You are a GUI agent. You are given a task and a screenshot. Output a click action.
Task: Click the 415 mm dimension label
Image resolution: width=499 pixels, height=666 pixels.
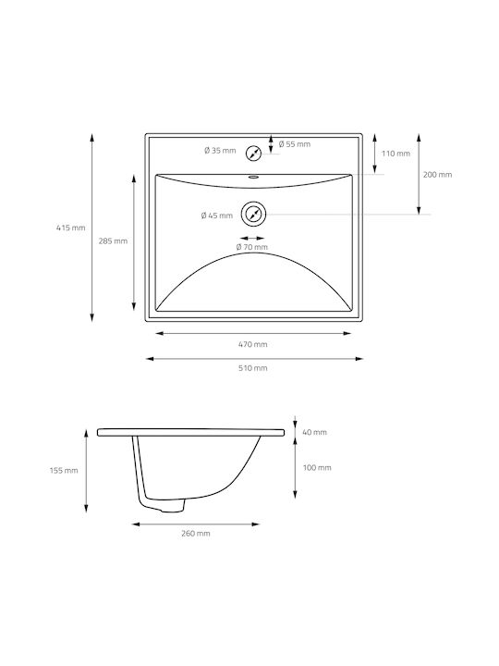[x=71, y=228]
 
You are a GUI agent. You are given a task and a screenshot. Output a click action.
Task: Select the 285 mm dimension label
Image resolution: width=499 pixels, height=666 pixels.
[x=113, y=240]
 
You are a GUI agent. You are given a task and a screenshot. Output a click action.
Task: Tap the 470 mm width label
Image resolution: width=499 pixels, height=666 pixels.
[x=253, y=344]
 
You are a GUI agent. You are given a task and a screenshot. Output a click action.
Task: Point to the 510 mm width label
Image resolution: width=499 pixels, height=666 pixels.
[x=253, y=368]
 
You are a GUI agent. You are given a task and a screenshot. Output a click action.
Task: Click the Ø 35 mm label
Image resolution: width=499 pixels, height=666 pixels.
[x=220, y=151]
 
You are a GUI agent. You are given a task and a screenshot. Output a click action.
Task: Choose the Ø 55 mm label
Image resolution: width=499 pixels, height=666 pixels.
[x=295, y=144]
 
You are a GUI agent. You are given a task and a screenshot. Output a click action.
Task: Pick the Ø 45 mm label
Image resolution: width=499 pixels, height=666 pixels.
[x=217, y=216]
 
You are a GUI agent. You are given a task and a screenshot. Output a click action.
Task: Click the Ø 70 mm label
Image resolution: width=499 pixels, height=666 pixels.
[x=252, y=247]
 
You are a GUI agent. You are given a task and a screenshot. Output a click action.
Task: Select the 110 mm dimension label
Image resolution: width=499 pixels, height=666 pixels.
[x=396, y=154]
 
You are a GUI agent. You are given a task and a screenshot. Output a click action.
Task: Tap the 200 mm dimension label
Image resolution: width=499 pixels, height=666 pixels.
[x=437, y=175]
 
